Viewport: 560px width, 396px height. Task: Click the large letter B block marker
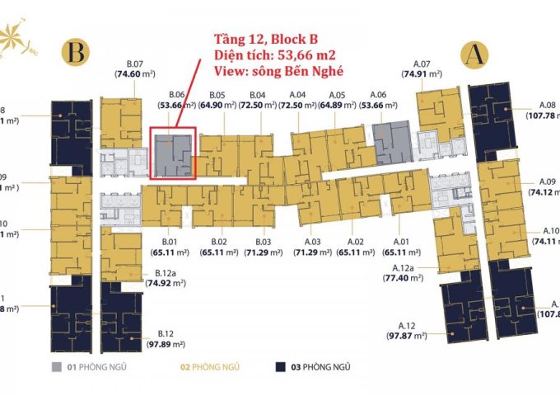[x=77, y=54]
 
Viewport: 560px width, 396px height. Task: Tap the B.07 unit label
[x=135, y=63]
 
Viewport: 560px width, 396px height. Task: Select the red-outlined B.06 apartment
[x=173, y=153]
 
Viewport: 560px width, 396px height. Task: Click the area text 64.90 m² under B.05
[x=217, y=106]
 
